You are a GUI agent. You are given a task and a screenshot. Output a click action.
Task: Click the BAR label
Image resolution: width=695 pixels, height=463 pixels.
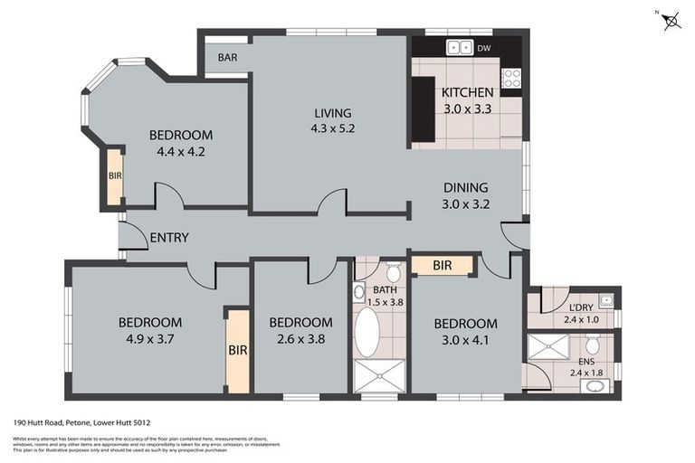(226, 57)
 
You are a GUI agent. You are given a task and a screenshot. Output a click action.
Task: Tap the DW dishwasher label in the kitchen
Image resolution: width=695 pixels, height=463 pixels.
(484, 48)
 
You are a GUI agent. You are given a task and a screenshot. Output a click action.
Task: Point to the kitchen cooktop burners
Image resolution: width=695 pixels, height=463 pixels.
(512, 78)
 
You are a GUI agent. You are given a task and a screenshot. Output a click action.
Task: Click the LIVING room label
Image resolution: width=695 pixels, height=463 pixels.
(332, 113)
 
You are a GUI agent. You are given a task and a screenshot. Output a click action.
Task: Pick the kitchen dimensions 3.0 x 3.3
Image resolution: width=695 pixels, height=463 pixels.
(467, 108)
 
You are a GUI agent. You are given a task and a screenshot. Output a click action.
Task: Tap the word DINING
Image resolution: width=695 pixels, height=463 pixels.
(465, 188)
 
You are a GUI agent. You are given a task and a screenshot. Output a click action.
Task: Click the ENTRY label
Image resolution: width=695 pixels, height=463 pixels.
(169, 238)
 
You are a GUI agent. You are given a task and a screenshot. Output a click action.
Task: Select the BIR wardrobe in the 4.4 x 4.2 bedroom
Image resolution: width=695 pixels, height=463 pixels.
(115, 175)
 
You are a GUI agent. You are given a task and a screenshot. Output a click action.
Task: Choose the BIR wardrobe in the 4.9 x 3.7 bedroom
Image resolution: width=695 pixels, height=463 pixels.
(237, 350)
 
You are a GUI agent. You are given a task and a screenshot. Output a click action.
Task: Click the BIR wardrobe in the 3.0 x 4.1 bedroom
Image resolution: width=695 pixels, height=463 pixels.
(443, 266)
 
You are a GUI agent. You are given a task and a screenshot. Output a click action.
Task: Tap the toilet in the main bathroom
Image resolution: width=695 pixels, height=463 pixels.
(393, 272)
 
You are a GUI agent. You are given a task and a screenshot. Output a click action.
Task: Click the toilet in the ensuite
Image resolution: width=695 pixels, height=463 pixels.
(592, 345)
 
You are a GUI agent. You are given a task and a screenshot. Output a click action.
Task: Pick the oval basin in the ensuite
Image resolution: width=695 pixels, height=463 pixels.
(595, 384)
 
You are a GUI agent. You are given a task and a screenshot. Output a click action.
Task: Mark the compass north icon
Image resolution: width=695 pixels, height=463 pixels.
(671, 20)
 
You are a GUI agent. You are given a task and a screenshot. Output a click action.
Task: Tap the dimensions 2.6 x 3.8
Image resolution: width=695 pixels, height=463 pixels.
(300, 339)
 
